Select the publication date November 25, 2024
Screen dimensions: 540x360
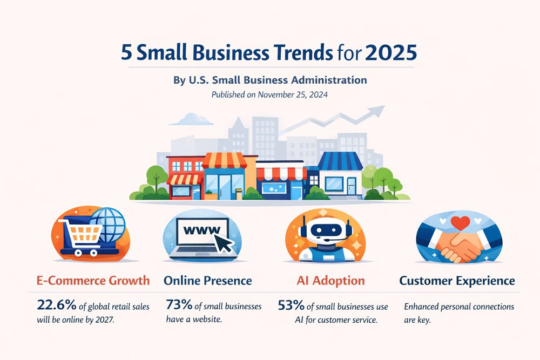coord(293,94)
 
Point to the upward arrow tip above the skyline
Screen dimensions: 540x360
coord(383,107)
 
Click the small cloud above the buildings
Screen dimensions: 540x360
coord(192,119)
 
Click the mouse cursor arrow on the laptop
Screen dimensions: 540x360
coord(224,242)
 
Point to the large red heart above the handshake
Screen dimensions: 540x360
coord(460,223)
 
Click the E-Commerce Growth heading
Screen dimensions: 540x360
coord(93,281)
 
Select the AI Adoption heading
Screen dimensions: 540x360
coord(330,281)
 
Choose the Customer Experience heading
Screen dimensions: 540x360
coord(457,281)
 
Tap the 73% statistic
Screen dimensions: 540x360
coord(179,304)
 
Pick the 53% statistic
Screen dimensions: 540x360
coord(291,305)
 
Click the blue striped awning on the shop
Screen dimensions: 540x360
coord(340,161)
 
